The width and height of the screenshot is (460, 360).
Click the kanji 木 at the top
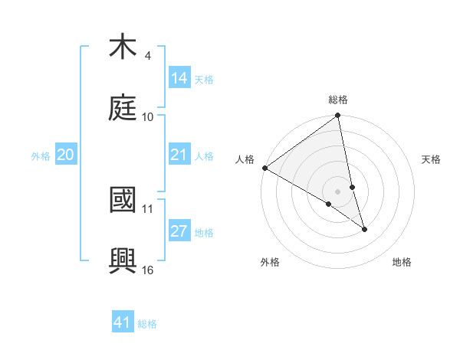(x=123, y=47)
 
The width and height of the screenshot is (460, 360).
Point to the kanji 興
(x=123, y=260)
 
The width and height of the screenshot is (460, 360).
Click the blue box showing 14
(x=179, y=78)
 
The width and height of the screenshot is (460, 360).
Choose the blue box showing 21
(x=179, y=155)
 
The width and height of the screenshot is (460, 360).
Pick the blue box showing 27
(x=179, y=231)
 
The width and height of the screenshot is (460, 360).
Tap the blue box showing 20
(x=66, y=155)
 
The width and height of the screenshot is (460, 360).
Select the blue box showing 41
(x=123, y=322)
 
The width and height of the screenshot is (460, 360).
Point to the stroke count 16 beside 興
(x=148, y=270)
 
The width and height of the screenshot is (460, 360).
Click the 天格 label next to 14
(x=204, y=80)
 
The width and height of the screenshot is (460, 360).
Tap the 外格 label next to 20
(x=41, y=156)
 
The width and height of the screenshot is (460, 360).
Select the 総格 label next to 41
(x=147, y=324)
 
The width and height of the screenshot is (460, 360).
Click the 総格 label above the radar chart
(x=338, y=100)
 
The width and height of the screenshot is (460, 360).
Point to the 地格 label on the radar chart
(x=402, y=262)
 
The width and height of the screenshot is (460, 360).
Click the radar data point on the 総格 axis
(x=338, y=116)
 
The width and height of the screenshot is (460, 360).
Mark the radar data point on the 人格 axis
(x=264, y=168)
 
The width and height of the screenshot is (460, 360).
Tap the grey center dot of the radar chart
(x=338, y=191)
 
